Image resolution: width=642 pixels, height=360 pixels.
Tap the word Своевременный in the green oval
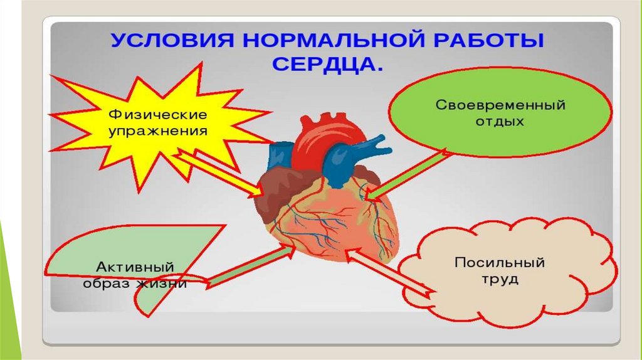pyautogui.click(x=500, y=105)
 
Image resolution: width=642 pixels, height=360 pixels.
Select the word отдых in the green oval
pyautogui.click(x=500, y=121)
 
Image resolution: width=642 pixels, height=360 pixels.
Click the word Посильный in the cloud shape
pyautogui.click(x=500, y=262)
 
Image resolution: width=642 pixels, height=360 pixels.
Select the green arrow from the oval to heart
pyautogui.click(x=408, y=176)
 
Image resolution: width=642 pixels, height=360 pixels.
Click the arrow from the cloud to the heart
pyautogui.click(x=389, y=273)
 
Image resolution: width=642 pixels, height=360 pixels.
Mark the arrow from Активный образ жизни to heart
pyautogui.click(x=251, y=267)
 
